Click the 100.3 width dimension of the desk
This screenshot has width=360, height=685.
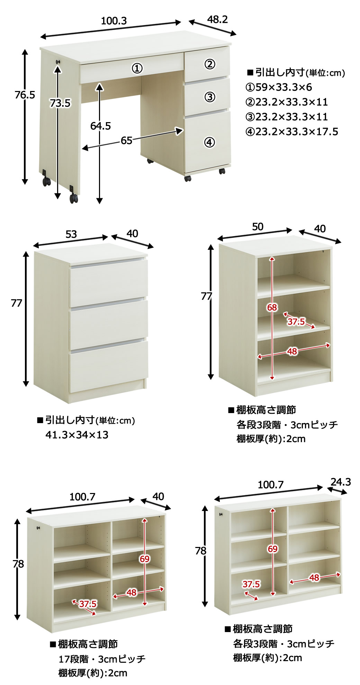pyautogui.click(x=114, y=21)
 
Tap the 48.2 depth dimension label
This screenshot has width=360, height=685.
pyautogui.click(x=217, y=19)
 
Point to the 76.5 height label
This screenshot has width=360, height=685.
pyautogui.click(x=25, y=94)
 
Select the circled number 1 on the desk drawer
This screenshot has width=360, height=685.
pyautogui.click(x=137, y=68)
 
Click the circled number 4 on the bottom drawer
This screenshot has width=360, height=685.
pyautogui.click(x=209, y=142)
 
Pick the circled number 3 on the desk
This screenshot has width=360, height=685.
pyautogui.click(x=210, y=97)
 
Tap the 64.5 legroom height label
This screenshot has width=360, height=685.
pyautogui.click(x=100, y=126)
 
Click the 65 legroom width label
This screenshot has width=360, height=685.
pyautogui.click(x=126, y=140)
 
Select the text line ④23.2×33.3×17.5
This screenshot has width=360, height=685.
pyautogui.click(x=291, y=132)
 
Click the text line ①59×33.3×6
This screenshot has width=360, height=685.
pyautogui.click(x=279, y=87)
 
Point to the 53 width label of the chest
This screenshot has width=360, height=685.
pyautogui.click(x=71, y=234)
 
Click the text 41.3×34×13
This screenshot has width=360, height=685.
pyautogui.click(x=77, y=435)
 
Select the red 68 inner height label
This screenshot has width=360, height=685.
pyautogui.click(x=272, y=307)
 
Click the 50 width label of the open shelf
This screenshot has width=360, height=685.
pyautogui.click(x=258, y=227)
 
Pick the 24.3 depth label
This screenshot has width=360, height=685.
pyautogui.click(x=341, y=482)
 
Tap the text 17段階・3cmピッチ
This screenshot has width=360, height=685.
pyautogui.click(x=102, y=659)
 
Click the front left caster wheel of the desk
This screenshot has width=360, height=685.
pyautogui.click(x=73, y=199)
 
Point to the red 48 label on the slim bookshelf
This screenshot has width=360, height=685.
pyautogui.click(x=314, y=577)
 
